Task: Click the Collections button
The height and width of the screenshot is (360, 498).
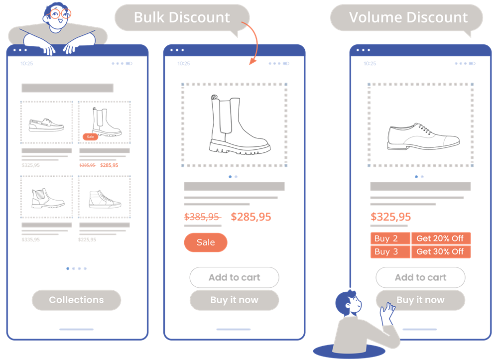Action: pyautogui.click(x=76, y=300)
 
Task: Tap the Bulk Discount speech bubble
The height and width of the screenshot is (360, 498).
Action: pyautogui.click(x=182, y=17)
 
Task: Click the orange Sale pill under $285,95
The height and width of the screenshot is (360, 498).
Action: pyautogui.click(x=206, y=242)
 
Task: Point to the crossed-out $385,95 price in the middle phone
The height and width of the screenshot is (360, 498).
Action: pyautogui.click(x=202, y=217)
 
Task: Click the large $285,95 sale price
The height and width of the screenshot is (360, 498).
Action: pyautogui.click(x=251, y=217)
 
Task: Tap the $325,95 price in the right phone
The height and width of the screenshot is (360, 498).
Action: pyautogui.click(x=391, y=217)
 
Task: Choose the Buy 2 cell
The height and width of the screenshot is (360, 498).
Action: pyautogui.click(x=390, y=239)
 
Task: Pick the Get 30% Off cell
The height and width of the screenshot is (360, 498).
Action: pyautogui.click(x=440, y=251)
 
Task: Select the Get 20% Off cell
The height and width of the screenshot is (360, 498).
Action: pyautogui.click(x=440, y=239)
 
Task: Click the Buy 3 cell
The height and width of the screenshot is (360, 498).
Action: pyautogui.click(x=390, y=251)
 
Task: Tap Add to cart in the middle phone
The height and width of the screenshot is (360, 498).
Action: pyautogui.click(x=234, y=277)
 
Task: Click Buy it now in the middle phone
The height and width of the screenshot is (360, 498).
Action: pyautogui.click(x=234, y=300)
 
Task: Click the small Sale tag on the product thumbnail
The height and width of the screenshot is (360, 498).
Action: pyautogui.click(x=90, y=136)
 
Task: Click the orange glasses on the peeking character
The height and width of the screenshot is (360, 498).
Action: pyautogui.click(x=59, y=14)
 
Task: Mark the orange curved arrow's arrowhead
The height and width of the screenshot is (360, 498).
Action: pyautogui.click(x=252, y=62)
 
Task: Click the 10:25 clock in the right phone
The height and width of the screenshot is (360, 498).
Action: pyautogui.click(x=370, y=64)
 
